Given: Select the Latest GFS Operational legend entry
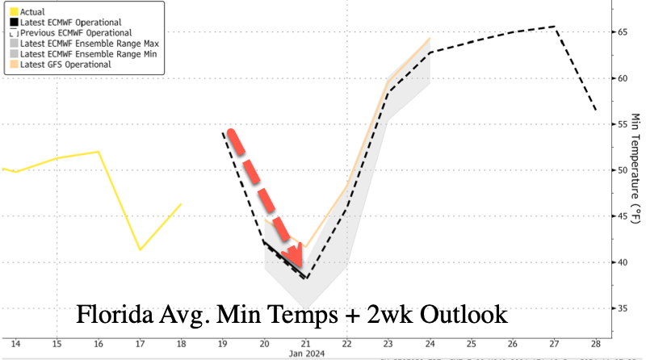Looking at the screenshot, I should click(x=65, y=64).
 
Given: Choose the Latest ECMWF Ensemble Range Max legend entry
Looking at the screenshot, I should click(x=77, y=42).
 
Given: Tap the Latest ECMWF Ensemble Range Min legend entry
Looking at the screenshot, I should click(x=76, y=53).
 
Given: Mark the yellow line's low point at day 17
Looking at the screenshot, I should click(x=139, y=249).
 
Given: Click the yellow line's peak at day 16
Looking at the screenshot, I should click(x=98, y=152).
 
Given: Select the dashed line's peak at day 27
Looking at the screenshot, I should click(x=555, y=27).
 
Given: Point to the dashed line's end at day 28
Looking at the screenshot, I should click(x=596, y=109).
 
